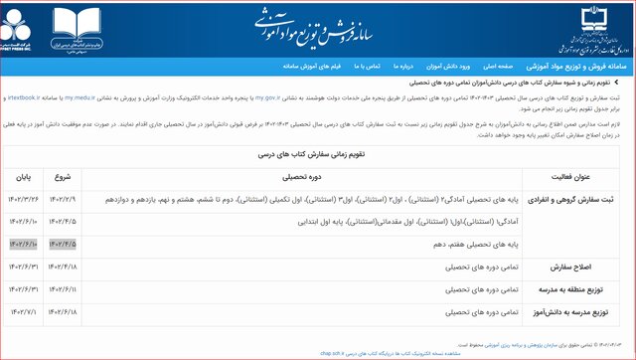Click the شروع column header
pos(62,178)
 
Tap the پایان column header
pos(22,178)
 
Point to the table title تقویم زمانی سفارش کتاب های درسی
pos(317,156)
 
